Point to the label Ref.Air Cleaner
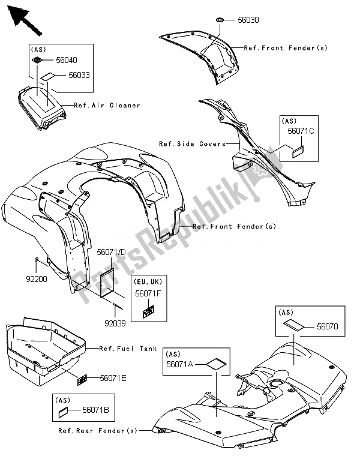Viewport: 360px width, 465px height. [107, 106]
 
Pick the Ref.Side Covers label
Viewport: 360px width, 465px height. [184, 144]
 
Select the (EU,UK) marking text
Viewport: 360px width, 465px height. [148, 281]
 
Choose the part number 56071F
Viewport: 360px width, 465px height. [148, 293]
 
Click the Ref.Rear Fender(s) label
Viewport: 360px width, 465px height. [98, 431]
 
